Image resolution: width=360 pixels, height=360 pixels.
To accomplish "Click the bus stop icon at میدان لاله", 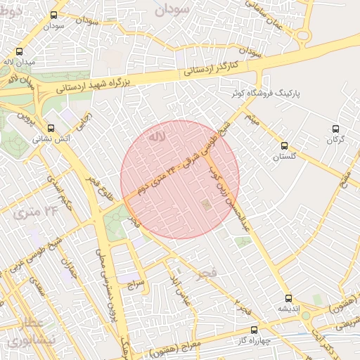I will [x=19, y=51].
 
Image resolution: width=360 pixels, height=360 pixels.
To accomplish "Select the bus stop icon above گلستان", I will [x=284, y=146].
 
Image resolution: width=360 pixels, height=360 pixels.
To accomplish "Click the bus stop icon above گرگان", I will [x=335, y=129].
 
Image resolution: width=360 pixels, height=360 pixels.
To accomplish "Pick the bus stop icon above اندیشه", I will [x=288, y=297].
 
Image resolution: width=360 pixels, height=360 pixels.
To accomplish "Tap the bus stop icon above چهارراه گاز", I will [x=254, y=329].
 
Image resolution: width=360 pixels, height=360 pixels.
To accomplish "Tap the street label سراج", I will [x=136, y=284].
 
